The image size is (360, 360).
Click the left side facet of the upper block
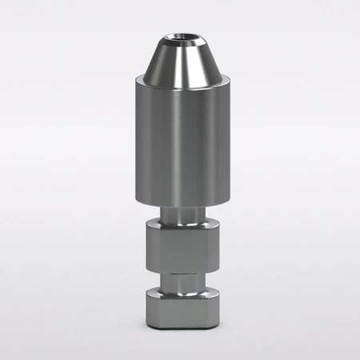(x=153, y=247)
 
